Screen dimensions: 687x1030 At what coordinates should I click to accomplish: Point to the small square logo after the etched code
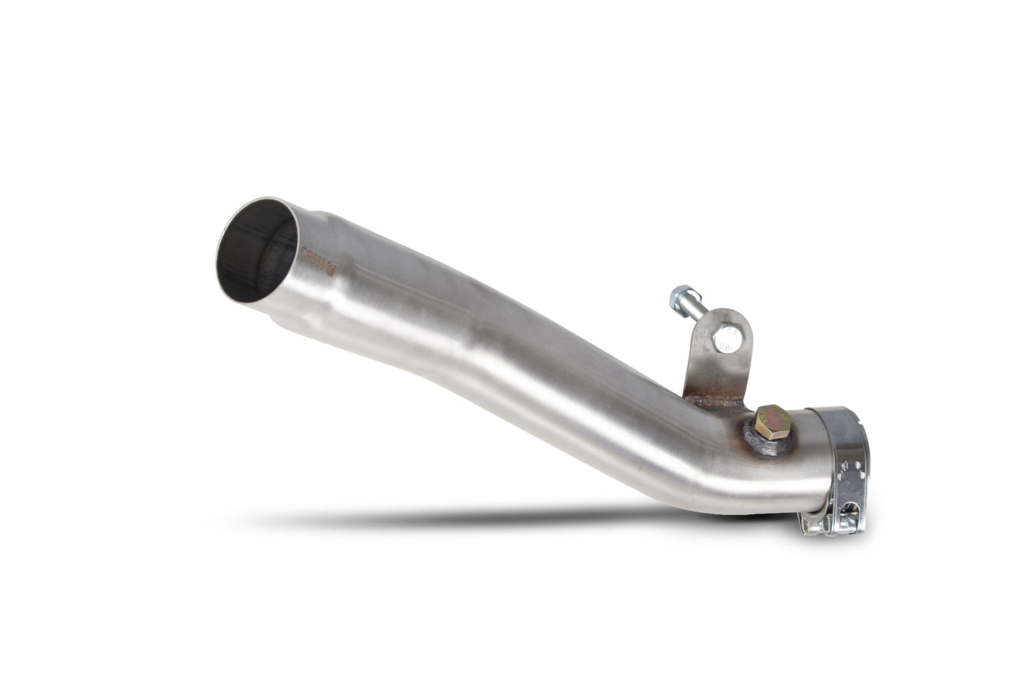[x=334, y=252]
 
